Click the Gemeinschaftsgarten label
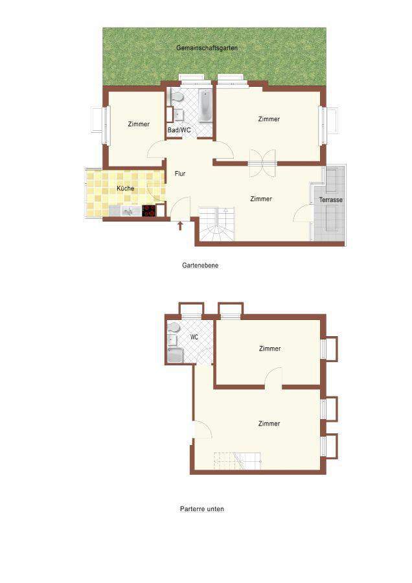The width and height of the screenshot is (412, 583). [207, 49]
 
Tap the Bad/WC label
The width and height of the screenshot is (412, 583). [179, 130]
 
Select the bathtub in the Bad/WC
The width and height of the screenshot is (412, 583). [205, 106]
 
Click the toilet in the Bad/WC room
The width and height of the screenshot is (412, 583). [176, 97]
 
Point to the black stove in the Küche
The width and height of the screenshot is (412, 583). [149, 211]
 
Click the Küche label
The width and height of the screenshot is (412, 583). [125, 189]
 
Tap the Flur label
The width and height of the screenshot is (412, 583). [180, 174]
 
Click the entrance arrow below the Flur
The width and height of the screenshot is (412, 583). [180, 225]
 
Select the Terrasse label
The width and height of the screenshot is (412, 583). [330, 200]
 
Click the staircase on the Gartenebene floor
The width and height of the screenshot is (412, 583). [217, 224]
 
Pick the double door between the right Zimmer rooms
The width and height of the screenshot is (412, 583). [262, 163]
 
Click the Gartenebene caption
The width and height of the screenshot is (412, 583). [200, 266]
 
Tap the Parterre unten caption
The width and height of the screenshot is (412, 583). [202, 509]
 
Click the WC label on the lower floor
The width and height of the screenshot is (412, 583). [194, 337]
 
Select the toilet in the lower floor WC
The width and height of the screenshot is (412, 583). [173, 328]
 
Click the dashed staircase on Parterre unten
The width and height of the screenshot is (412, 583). [237, 461]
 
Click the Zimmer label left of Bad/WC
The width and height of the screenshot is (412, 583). [139, 124]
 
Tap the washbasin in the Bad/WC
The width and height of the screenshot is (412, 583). [179, 115]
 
